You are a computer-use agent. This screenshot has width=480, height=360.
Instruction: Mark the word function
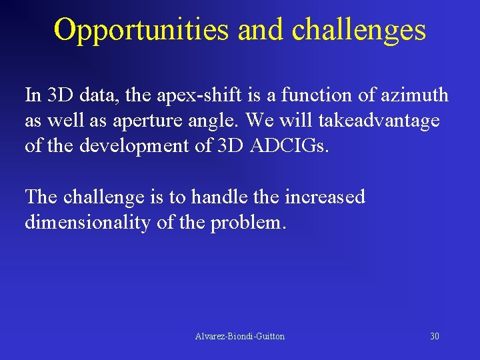[x=312, y=95]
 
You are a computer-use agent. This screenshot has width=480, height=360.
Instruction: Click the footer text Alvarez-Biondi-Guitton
[x=239, y=337]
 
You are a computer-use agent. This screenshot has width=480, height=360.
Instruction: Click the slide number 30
[x=434, y=337]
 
